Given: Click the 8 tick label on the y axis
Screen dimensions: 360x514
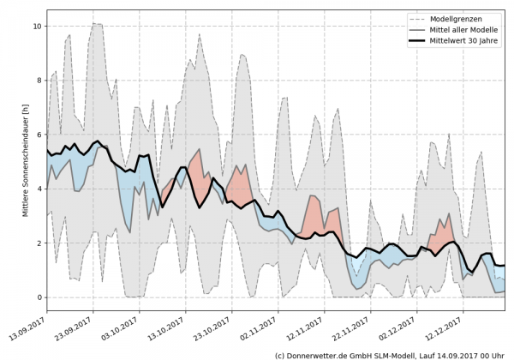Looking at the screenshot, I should (39, 81).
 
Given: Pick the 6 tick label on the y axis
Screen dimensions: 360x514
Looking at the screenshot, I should (39, 135).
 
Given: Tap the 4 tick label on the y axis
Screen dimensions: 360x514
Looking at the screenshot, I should (39, 189).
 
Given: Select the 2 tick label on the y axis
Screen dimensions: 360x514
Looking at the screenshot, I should (39, 243).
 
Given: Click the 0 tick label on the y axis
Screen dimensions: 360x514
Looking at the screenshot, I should (39, 297).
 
